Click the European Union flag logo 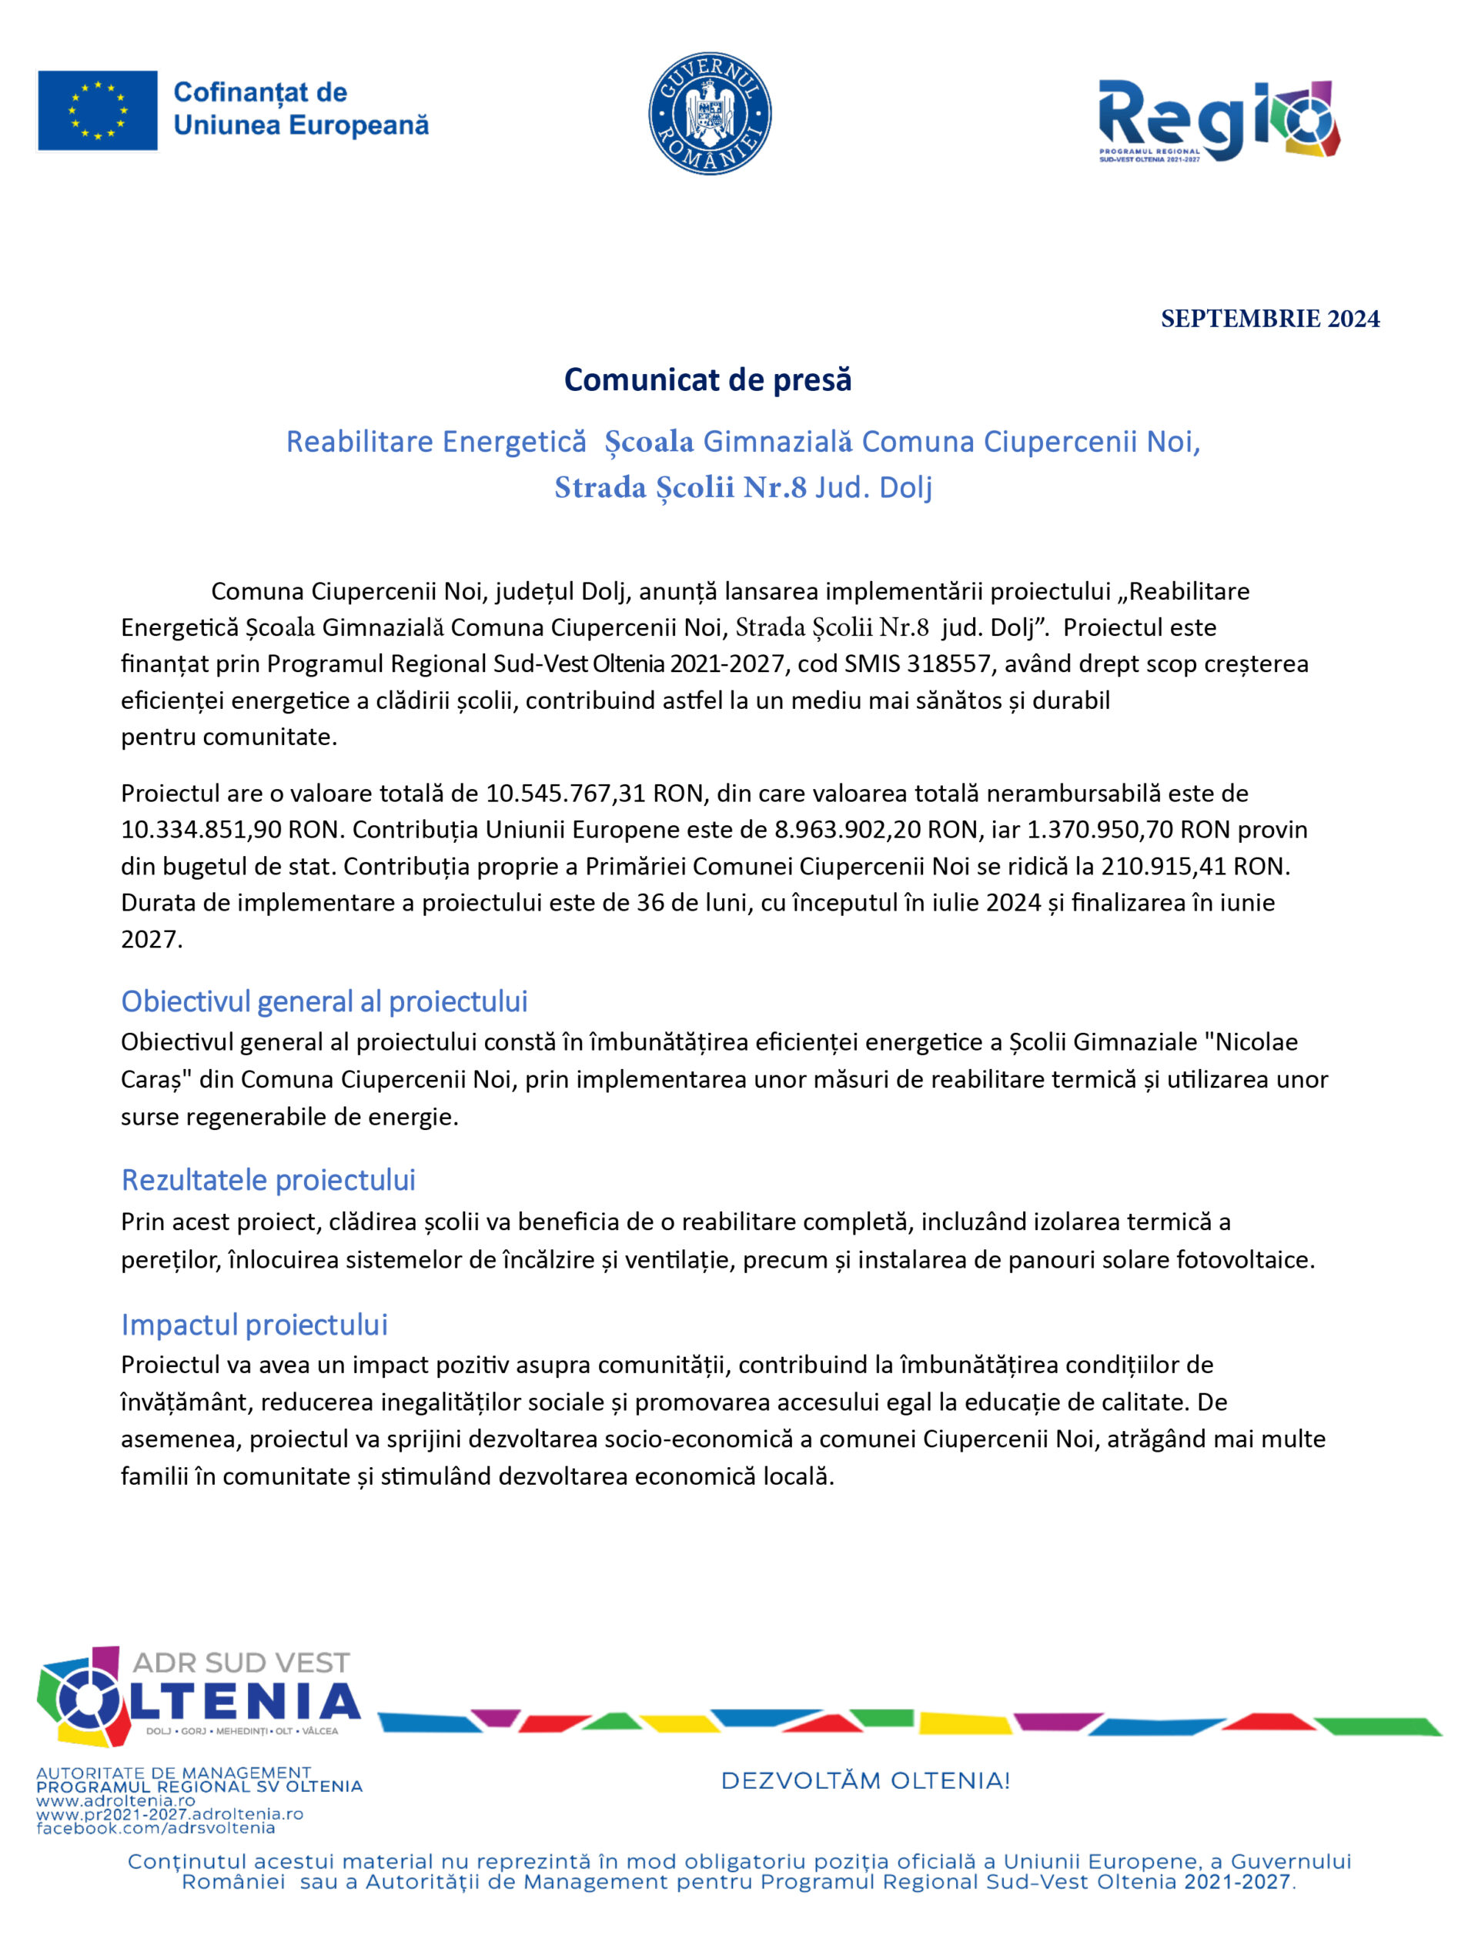98,111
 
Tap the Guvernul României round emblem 709,112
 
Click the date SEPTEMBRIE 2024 1269,319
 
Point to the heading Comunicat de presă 707,380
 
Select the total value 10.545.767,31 566,794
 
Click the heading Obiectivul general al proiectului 324,1001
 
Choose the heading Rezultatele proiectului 269,1180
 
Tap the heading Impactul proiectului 254,1325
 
